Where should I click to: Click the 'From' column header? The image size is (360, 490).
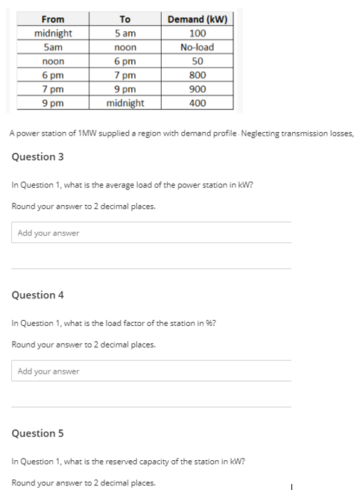(x=53, y=19)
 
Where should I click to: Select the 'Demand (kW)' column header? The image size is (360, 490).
(x=198, y=19)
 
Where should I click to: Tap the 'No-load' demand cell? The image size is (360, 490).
(x=198, y=47)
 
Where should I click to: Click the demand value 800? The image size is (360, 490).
(x=198, y=75)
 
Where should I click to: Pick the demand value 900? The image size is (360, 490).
(x=198, y=89)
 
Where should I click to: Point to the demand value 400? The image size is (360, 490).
(x=198, y=104)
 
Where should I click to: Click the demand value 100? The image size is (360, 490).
(x=198, y=34)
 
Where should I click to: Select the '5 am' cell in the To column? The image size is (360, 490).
(x=124, y=34)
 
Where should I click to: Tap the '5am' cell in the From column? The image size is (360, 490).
(x=52, y=47)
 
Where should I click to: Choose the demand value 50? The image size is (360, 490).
(x=198, y=61)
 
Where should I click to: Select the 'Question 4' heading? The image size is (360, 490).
(x=38, y=295)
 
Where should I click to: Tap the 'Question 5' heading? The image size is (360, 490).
(x=38, y=433)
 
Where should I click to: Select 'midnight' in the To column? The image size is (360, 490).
(x=124, y=104)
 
